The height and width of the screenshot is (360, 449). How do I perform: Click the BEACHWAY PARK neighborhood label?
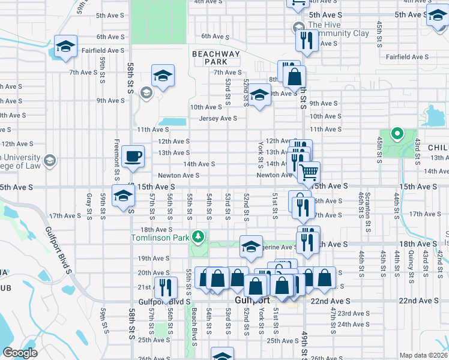click(215, 58)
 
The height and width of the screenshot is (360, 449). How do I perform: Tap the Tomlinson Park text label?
click(160, 238)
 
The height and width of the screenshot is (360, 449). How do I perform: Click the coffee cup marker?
click(132, 156)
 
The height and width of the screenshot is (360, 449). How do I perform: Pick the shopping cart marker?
click(309, 173)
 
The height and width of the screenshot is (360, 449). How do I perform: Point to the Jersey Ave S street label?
click(218, 119)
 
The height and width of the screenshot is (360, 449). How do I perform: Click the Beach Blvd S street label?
click(194, 328)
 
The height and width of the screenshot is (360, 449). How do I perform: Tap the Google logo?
click(20, 353)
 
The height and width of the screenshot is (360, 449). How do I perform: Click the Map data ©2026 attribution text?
click(423, 355)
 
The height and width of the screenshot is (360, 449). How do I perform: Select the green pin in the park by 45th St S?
click(396, 133)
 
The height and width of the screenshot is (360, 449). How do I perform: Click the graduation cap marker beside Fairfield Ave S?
click(65, 46)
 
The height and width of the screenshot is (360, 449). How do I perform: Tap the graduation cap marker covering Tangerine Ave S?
click(251, 247)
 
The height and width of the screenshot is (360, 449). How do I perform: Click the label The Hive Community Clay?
click(337, 29)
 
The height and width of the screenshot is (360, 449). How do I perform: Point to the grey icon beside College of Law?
click(50, 160)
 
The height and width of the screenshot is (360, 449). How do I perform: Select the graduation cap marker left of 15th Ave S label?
click(124, 196)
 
